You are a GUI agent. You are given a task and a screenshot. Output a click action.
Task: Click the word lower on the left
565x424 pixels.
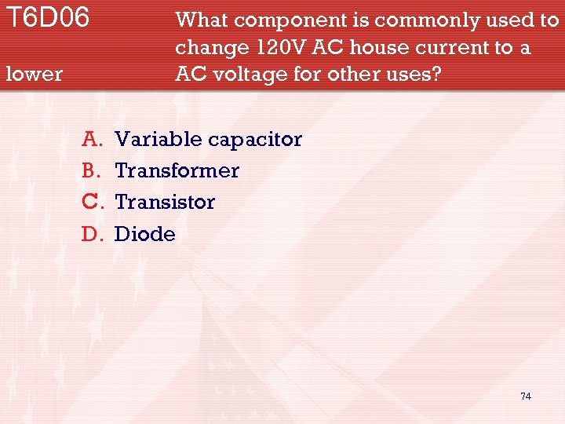click(34, 75)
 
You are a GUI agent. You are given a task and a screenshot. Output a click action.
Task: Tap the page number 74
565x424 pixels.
click(525, 397)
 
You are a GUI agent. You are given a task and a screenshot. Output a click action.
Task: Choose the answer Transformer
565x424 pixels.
click(177, 171)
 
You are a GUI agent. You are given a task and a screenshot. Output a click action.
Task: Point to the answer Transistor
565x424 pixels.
click(165, 203)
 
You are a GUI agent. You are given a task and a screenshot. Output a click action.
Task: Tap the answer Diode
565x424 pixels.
click(145, 234)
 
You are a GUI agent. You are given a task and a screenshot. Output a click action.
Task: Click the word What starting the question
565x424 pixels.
click(201, 20)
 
